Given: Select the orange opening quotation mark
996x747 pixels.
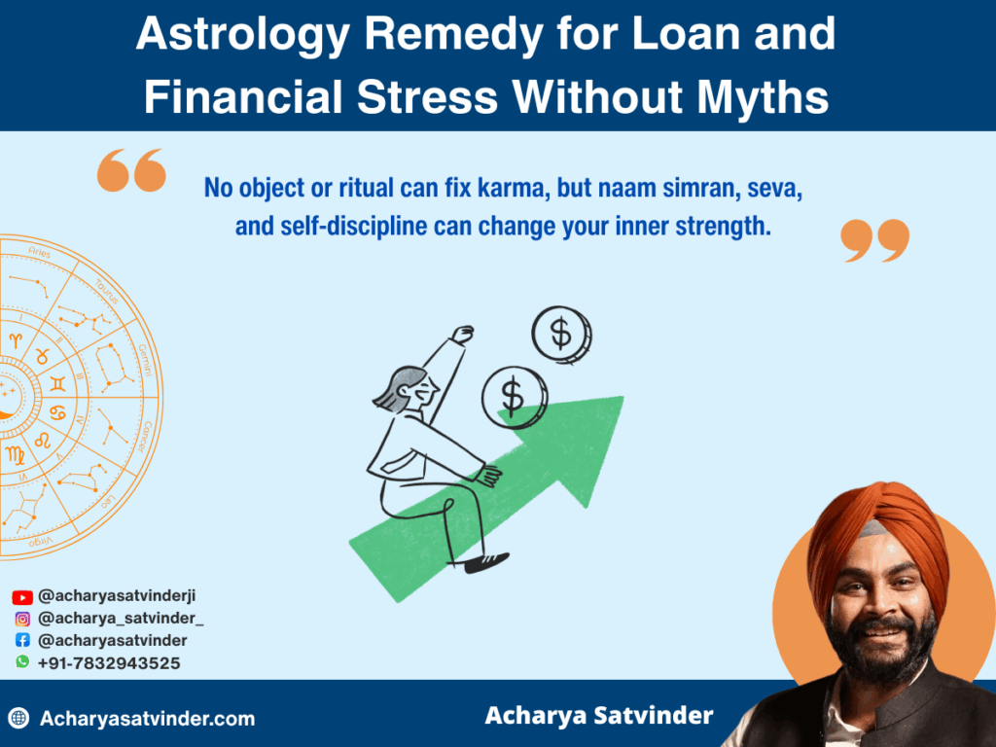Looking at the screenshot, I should tap(131, 172).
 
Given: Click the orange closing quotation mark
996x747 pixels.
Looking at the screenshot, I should tap(874, 240).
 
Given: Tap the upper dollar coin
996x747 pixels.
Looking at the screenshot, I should tap(561, 335).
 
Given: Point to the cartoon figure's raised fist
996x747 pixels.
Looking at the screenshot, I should tap(464, 334).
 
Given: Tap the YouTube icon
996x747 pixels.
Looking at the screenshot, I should tap(22, 597).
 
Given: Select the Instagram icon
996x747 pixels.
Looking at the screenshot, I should tap(22, 619).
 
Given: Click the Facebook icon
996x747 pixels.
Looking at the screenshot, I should tap(22, 641).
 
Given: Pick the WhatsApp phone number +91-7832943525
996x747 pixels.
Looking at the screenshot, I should tap(109, 663).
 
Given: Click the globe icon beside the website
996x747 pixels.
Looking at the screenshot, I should tap(18, 719).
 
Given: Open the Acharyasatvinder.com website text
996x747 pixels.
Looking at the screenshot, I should tap(148, 720).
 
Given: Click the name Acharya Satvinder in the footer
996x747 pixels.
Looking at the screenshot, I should tap(599, 716).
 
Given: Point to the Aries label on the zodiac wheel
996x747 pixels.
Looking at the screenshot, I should tap(39, 253).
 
